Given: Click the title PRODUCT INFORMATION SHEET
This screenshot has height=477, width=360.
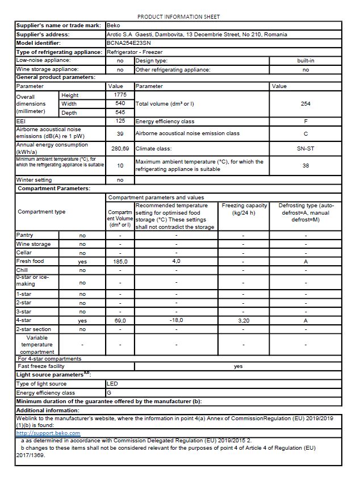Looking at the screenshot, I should (x=178, y=17).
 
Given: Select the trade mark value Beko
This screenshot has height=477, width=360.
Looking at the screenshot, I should (x=112, y=26).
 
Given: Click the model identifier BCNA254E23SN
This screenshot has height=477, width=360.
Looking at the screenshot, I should (x=128, y=43).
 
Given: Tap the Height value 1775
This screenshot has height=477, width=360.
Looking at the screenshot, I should (x=120, y=95).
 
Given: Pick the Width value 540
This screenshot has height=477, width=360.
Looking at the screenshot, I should (x=120, y=104).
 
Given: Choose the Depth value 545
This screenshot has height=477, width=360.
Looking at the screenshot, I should (x=120, y=113).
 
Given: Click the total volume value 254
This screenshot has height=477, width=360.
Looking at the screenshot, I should (x=305, y=104).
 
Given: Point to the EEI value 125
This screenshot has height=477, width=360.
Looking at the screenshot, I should (x=120, y=122).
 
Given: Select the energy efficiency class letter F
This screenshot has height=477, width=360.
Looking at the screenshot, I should (x=305, y=122).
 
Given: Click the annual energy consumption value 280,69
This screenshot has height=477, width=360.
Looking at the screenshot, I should (x=120, y=149).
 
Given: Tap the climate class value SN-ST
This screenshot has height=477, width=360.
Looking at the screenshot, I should (x=305, y=149).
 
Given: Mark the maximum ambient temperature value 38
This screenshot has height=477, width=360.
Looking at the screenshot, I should (x=305, y=166).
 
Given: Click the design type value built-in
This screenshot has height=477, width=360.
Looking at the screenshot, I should (x=305, y=60).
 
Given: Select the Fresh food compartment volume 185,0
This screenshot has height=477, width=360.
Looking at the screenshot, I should (x=120, y=261).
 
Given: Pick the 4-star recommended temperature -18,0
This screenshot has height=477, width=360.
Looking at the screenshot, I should (x=176, y=320).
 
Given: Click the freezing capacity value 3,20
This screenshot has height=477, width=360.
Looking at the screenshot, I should (x=242, y=320).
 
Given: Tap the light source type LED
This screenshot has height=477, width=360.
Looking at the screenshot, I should (x=112, y=384).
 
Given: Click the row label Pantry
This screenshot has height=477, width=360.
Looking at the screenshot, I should (x=25, y=235).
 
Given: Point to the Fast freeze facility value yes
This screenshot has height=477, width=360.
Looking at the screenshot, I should (x=238, y=366).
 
